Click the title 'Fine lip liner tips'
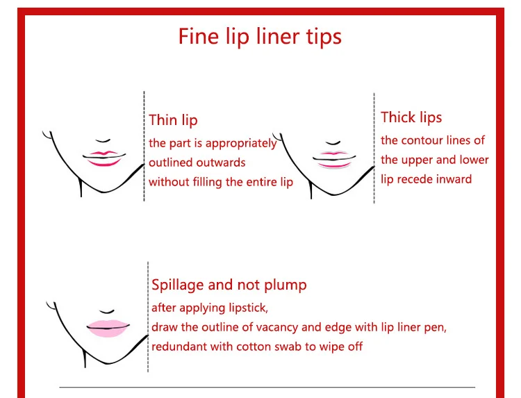(260, 37)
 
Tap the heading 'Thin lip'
(173, 120)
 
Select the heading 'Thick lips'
(411, 117)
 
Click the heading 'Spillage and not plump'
(229, 285)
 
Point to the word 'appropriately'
(241, 144)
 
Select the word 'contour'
(422, 140)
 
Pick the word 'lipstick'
(248, 308)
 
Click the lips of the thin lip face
(104, 158)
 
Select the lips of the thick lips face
(334, 160)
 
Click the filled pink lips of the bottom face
(108, 329)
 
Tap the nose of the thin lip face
(103, 141)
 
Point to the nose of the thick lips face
(333, 143)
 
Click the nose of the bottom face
(107, 312)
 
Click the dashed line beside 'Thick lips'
(374, 148)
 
